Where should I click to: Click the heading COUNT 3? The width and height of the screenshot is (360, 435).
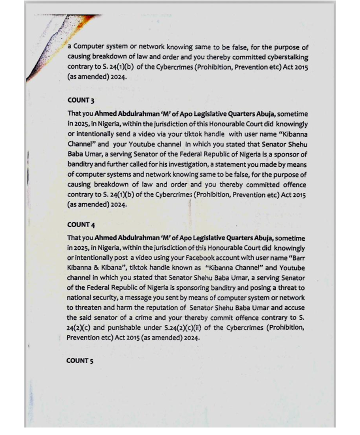(80, 100)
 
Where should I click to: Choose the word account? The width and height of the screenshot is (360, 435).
(219, 257)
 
